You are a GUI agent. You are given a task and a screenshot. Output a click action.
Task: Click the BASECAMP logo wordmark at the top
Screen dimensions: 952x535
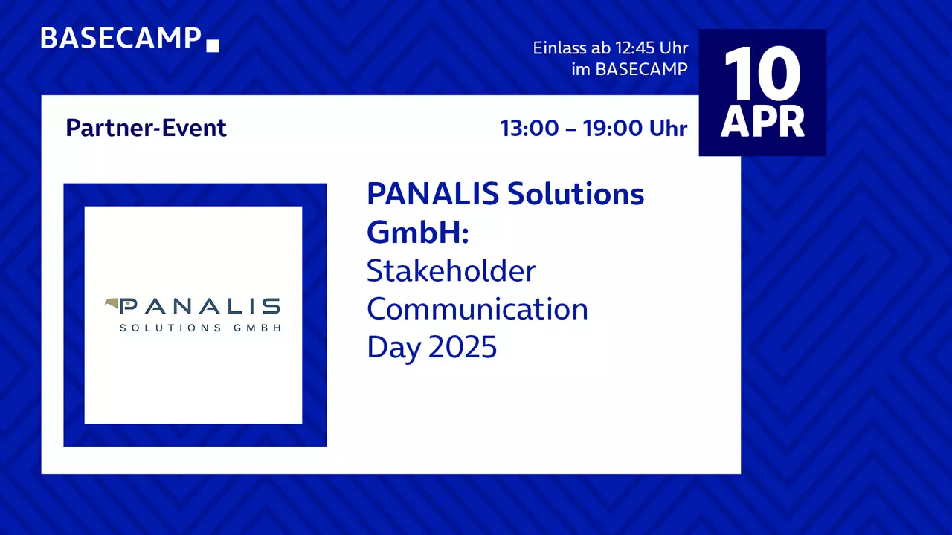[x=120, y=38]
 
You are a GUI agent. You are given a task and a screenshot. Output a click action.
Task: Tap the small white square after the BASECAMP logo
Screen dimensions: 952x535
[x=213, y=45]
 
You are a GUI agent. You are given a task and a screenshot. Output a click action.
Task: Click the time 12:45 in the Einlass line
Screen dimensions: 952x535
[x=635, y=48]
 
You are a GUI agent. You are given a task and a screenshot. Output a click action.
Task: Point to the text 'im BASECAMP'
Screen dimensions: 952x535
[x=629, y=69]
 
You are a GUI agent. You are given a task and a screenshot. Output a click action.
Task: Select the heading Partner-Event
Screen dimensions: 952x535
[x=147, y=128]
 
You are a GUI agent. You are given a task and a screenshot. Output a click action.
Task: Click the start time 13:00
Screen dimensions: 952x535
[x=529, y=128]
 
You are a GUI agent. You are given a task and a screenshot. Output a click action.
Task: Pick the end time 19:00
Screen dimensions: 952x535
[x=612, y=128]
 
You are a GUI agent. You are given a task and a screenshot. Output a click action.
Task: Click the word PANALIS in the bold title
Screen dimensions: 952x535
[x=433, y=194]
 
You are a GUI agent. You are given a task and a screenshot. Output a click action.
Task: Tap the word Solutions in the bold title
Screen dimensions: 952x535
[x=576, y=194]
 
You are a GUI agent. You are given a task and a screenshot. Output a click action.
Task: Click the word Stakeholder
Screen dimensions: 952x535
[x=451, y=270]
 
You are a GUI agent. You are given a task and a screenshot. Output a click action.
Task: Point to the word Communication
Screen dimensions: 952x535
[x=477, y=308]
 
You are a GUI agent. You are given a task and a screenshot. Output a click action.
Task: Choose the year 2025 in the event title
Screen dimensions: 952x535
[x=463, y=347]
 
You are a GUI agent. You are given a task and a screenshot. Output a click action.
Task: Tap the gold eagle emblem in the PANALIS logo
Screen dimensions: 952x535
[x=112, y=304]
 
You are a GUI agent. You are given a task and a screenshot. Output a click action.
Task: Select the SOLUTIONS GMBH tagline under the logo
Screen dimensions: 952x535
[x=200, y=328]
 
